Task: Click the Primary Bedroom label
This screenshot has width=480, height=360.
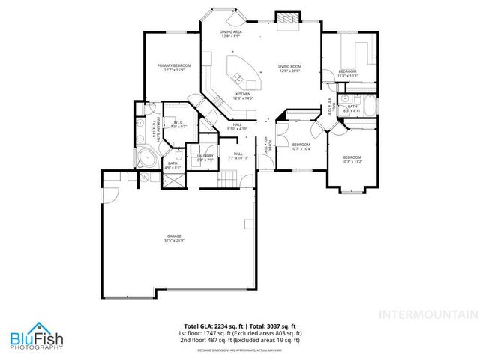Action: tap(174, 68)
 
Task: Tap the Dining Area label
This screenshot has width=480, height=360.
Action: tap(230, 34)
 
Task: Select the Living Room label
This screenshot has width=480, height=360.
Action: tap(289, 68)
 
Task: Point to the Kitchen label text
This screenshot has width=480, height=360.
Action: tap(244, 96)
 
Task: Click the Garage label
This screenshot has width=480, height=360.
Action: tap(174, 239)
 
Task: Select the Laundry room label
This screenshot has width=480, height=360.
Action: tap(205, 157)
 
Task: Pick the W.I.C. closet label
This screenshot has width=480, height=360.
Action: tap(178, 125)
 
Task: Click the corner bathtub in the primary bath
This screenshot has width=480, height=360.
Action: tap(146, 158)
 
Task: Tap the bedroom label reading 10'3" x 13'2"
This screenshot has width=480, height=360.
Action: tap(351, 159)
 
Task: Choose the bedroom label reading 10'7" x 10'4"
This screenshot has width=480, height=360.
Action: tap(301, 146)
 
